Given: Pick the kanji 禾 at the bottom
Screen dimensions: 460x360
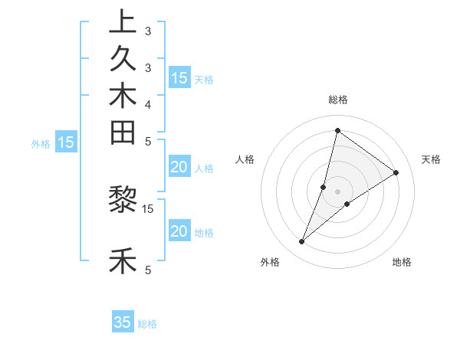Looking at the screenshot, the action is point(123,261).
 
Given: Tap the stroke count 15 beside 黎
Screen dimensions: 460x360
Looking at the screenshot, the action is point(148,208).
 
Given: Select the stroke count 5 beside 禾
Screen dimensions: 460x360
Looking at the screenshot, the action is point(148,270).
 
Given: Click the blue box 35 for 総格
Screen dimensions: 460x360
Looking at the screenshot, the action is point(123,322).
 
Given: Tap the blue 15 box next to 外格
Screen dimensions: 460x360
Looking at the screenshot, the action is point(67,142).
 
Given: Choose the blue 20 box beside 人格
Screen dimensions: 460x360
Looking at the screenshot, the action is point(179,168).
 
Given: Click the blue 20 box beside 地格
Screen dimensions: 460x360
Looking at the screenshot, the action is point(179,232).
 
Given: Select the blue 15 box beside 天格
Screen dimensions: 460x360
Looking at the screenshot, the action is point(179,77).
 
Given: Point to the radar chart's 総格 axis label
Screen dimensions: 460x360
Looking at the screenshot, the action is point(338,100).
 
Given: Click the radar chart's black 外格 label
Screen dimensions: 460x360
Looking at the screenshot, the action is point(270,262).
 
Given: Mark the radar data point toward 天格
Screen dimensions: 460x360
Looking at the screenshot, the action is point(396,173).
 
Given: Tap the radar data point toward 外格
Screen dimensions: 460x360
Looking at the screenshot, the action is point(302,242).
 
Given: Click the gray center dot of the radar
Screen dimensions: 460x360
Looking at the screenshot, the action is point(338,191).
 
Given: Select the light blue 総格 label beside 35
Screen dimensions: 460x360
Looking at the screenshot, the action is point(148,324).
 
